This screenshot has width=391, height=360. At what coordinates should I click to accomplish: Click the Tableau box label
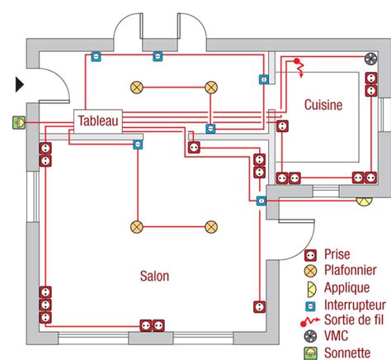pyautogui.click(x=99, y=121)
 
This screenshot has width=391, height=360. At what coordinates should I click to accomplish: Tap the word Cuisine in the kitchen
pyautogui.click(x=323, y=106)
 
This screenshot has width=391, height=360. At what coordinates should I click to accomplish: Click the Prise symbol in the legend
pyautogui.click(x=310, y=254)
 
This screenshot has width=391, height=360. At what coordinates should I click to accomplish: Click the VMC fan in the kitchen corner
pyautogui.click(x=369, y=59)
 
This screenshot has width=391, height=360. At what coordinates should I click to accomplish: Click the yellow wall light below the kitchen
pyautogui.click(x=364, y=197)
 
